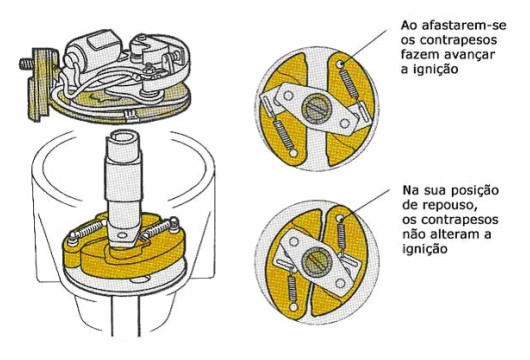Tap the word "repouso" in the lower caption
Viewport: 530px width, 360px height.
450,205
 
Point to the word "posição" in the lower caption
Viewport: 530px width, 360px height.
475,191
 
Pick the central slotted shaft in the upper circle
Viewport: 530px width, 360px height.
317,109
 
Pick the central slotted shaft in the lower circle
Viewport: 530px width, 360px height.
315,263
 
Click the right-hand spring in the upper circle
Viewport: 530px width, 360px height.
349,83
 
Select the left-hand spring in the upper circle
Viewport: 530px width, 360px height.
285,135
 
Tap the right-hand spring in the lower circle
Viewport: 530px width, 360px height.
342,237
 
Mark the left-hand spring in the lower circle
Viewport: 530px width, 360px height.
291,288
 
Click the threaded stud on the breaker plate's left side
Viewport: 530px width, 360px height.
26,64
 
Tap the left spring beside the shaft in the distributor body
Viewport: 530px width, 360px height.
87,230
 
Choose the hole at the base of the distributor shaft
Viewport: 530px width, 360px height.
121,235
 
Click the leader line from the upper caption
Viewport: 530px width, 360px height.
365,47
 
